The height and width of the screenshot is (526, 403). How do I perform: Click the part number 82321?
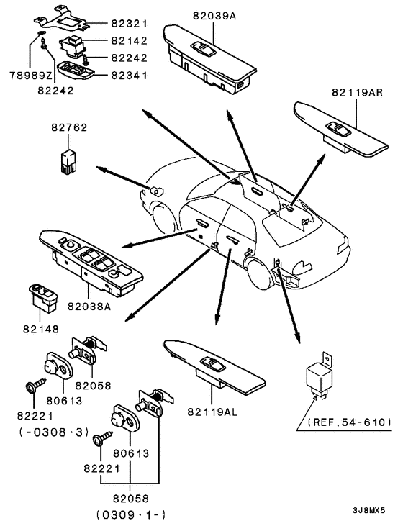click(x=130, y=24)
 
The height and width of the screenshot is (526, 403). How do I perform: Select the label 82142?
click(x=130, y=40)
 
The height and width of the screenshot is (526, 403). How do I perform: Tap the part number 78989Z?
click(x=31, y=76)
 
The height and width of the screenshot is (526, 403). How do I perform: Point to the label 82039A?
click(x=214, y=16)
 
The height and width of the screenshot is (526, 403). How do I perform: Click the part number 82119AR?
click(x=358, y=92)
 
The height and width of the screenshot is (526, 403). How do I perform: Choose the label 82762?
click(x=69, y=127)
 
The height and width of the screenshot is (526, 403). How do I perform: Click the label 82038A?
click(x=89, y=307)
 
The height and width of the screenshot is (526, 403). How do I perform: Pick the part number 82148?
click(x=41, y=329)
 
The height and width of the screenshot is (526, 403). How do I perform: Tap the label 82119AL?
click(x=212, y=412)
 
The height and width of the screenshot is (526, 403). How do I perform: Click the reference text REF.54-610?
click(x=349, y=422)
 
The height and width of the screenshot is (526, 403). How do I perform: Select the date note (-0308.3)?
click(x=54, y=432)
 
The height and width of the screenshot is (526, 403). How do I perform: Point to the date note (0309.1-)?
click(x=131, y=514)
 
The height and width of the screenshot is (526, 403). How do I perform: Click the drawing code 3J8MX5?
click(x=368, y=511)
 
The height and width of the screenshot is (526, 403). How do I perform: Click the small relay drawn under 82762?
click(x=68, y=162)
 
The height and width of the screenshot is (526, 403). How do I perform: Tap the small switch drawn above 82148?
click(x=43, y=297)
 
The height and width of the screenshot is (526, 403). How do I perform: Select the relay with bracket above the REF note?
click(x=319, y=376)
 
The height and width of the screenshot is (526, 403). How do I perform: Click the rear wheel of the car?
click(x=259, y=274)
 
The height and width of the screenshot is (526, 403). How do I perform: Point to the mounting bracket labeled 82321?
click(x=62, y=19)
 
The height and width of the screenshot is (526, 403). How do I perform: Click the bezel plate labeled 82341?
click(x=76, y=71)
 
